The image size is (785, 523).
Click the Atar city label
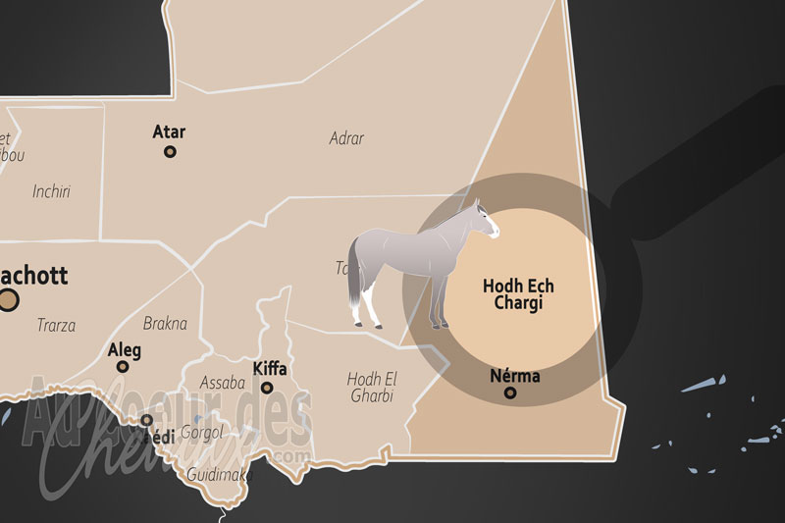click(169, 131)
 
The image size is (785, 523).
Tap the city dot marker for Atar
click(170, 152)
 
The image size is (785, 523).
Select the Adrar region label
click(346, 138)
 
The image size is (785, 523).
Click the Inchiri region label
click(51, 191)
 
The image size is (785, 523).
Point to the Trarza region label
click(56, 325)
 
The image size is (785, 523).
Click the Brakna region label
click(165, 323)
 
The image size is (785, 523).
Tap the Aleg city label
click(125, 350)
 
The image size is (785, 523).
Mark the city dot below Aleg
click(123, 367)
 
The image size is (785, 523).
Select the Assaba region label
click(222, 382)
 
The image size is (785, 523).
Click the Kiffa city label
click(270, 369)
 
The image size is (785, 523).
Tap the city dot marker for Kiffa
click(267, 388)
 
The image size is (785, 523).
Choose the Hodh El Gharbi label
click(370, 387)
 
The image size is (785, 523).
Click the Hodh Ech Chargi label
click(518, 294)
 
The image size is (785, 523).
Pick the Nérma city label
click(514, 376)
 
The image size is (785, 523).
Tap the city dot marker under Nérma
click(510, 393)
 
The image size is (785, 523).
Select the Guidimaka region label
click(220, 475)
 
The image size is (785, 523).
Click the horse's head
click(485, 220)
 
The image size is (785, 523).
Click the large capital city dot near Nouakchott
click(8, 300)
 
